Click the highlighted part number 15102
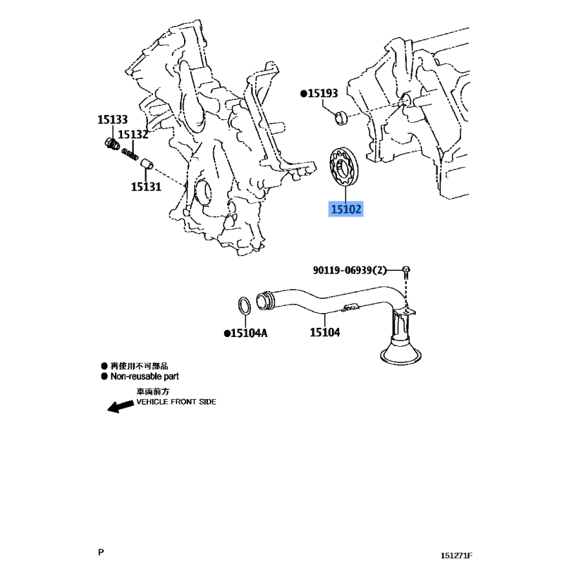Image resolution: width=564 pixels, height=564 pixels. tap(345, 209)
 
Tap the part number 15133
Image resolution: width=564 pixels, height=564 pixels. tap(112, 119)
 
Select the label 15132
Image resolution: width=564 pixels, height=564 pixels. tap(133, 134)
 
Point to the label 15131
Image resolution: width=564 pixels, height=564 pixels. tap(146, 187)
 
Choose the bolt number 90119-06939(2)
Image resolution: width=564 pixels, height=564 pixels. tap(350, 270)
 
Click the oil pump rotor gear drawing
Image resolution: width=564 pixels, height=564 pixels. tap(344, 167)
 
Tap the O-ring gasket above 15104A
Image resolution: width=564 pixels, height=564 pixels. tap(245, 305)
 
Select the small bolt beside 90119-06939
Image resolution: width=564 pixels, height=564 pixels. tap(406, 273)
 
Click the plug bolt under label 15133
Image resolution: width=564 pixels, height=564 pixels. tap(112, 144)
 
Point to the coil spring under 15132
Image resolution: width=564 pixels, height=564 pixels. tap(130, 154)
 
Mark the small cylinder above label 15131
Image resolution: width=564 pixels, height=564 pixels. tap(147, 164)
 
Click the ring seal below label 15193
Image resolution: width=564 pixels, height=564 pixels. tap(341, 118)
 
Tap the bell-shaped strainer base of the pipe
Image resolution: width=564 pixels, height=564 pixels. tap(400, 352)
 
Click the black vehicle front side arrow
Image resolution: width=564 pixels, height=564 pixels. tap(121, 407)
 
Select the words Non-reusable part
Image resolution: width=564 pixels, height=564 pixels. tap(145, 376)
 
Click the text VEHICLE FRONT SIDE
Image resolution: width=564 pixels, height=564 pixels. tap(176, 402)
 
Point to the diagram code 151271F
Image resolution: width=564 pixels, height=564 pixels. tap(456, 556)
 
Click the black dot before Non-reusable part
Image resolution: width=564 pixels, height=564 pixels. tap(104, 376)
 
